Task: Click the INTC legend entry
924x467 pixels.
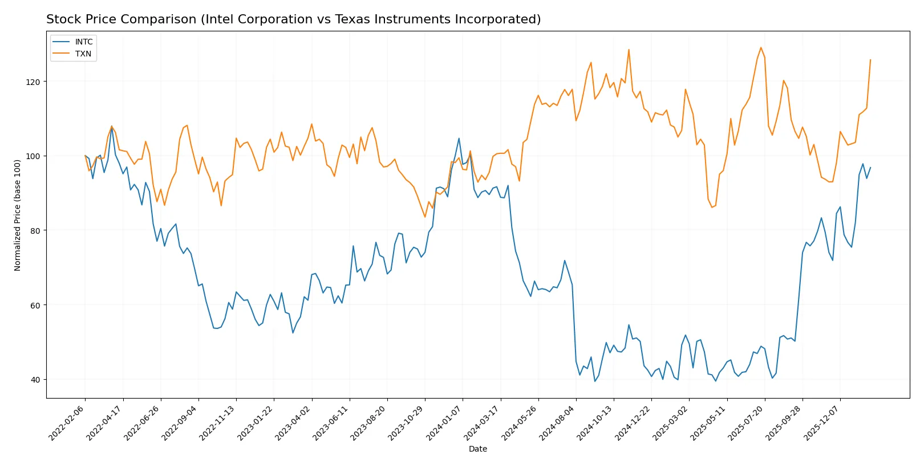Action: coord(83,42)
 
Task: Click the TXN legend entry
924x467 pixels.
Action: coord(83,54)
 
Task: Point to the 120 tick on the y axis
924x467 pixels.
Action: coord(33,82)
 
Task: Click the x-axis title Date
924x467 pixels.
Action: coord(477,449)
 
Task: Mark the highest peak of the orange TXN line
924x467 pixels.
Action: coord(761,47)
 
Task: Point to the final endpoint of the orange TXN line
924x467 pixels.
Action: coord(870,59)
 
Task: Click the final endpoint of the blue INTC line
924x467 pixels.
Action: coord(870,167)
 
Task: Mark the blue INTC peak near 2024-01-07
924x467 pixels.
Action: coord(459,138)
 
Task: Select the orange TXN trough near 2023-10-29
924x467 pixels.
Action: coord(425,217)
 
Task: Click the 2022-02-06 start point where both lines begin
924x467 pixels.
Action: coord(85,156)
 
